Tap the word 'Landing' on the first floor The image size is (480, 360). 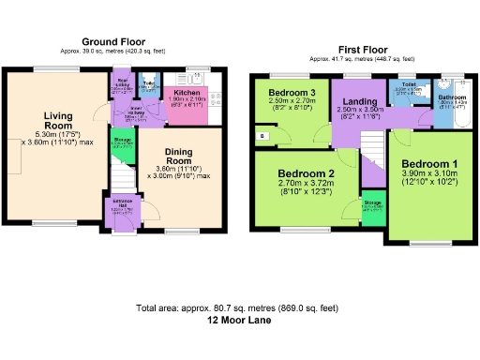pyautogui.click(x=360, y=101)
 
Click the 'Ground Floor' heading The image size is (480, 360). pyautogui.click(x=112, y=42)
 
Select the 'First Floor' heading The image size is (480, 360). pyautogui.click(x=364, y=48)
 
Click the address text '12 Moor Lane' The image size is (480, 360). pyautogui.click(x=239, y=319)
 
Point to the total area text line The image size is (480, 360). pyautogui.click(x=239, y=307)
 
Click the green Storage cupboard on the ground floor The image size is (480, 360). pyautogui.click(x=122, y=142)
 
